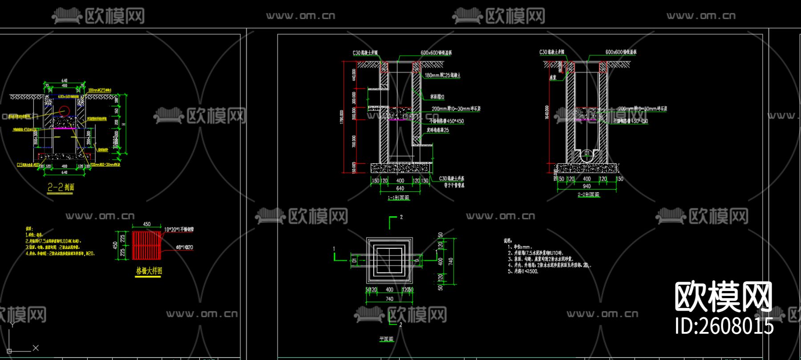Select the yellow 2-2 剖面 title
click(x=61, y=187)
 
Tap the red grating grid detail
click(x=146, y=245)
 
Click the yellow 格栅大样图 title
click(x=149, y=271)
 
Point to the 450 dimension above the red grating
click(x=147, y=224)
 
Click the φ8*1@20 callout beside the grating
click(x=185, y=247)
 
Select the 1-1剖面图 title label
click(x=398, y=198)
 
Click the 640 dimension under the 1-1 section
click(x=400, y=188)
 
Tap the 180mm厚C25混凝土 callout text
click(x=442, y=75)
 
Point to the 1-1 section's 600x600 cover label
click(x=436, y=53)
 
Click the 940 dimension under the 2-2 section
click(x=587, y=186)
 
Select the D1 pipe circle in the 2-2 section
click(x=587, y=153)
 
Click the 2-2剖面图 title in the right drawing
click(x=588, y=194)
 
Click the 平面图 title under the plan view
click(x=386, y=339)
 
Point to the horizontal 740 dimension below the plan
click(x=389, y=299)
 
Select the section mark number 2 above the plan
click(x=401, y=217)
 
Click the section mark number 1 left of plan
click(x=334, y=249)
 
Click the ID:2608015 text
click(x=724, y=326)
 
